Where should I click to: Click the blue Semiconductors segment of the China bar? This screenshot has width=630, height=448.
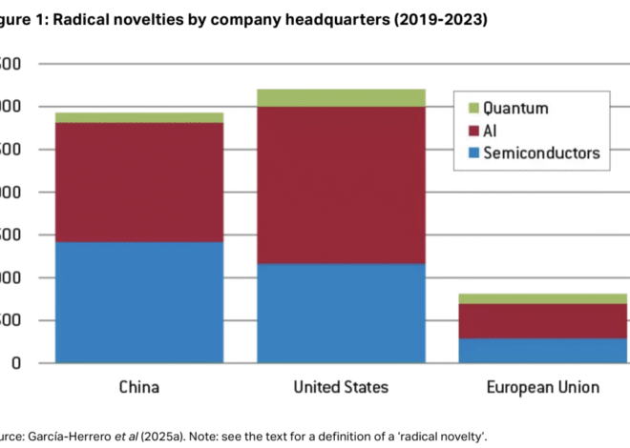(138, 302)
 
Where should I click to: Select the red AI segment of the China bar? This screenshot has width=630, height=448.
(138, 182)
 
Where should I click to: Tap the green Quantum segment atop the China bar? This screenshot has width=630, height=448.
(138, 117)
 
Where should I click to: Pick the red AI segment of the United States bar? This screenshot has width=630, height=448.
(341, 185)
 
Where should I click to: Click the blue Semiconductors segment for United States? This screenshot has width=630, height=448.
(341, 314)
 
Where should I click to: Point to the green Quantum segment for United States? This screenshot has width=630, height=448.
(341, 97)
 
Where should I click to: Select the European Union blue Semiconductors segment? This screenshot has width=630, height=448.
(542, 351)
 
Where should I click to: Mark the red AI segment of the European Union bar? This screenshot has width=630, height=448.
(542, 321)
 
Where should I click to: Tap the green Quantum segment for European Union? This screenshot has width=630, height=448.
(542, 299)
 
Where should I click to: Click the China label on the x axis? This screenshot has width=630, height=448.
(138, 387)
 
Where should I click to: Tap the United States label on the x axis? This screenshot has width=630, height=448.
(341, 387)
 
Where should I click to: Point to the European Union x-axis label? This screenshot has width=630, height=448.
(542, 387)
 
